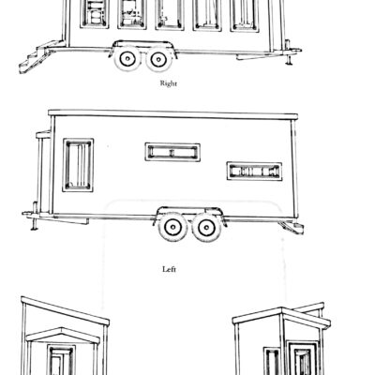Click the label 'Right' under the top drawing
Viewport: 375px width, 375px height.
click(x=169, y=83)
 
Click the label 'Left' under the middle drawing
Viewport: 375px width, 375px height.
click(x=169, y=269)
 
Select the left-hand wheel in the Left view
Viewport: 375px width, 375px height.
click(x=172, y=227)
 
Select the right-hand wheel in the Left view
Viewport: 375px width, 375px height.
click(x=206, y=228)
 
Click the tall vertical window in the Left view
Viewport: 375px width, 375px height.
click(x=78, y=165)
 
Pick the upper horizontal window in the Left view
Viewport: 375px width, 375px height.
click(x=172, y=152)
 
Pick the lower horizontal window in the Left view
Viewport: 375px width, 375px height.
click(x=254, y=172)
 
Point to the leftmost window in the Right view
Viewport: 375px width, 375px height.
click(x=95, y=14)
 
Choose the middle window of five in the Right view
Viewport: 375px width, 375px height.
click(x=170, y=15)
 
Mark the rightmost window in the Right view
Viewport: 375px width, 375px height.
click(x=245, y=16)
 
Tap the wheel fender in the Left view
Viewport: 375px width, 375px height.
click(x=188, y=213)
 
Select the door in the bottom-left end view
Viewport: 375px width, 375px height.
click(x=62, y=360)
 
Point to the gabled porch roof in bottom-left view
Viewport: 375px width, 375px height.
click(x=63, y=334)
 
